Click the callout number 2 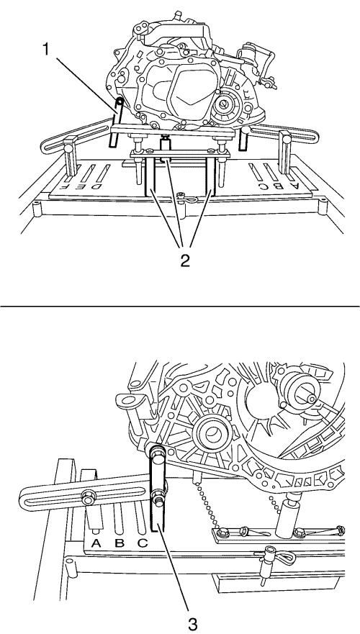pos(184,261)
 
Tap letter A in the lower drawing pos(96,543)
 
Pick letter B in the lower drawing pos(120,543)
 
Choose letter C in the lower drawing pos(143,543)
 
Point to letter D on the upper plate pos(96,186)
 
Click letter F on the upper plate pos(64,186)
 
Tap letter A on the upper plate pos(295,186)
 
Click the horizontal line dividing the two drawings pos(180,306)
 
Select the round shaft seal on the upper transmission pos(225,106)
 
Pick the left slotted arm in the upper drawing pos(77,132)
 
